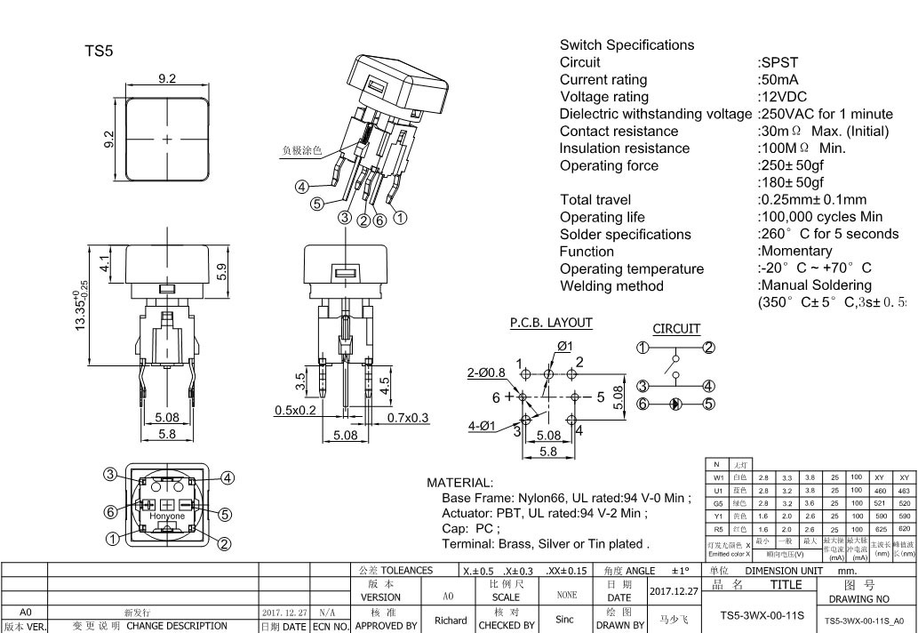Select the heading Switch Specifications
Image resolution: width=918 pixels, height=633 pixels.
coord(627,45)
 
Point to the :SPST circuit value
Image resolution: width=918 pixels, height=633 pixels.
coord(778,62)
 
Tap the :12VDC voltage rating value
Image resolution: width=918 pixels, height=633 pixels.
coord(782,97)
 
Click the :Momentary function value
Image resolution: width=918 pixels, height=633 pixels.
coord(795,252)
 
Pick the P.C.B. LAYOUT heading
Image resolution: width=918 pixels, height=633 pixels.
coord(551,323)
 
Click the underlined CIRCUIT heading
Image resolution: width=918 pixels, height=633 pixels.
coord(676,329)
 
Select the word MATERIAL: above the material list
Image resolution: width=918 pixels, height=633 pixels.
coord(459,483)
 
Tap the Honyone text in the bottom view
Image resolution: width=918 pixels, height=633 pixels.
coord(167,517)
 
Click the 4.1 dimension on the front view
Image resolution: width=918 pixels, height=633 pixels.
coord(105,264)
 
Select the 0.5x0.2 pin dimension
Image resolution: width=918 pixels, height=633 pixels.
coord(295,410)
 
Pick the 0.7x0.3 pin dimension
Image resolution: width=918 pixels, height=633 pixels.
coord(407,417)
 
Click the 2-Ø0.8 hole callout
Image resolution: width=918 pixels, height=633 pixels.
coord(486,373)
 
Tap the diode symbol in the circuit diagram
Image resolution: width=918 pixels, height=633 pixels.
coord(675,404)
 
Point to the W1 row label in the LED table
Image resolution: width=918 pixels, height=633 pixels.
coord(718,477)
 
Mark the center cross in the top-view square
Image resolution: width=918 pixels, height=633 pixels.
coord(167,140)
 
